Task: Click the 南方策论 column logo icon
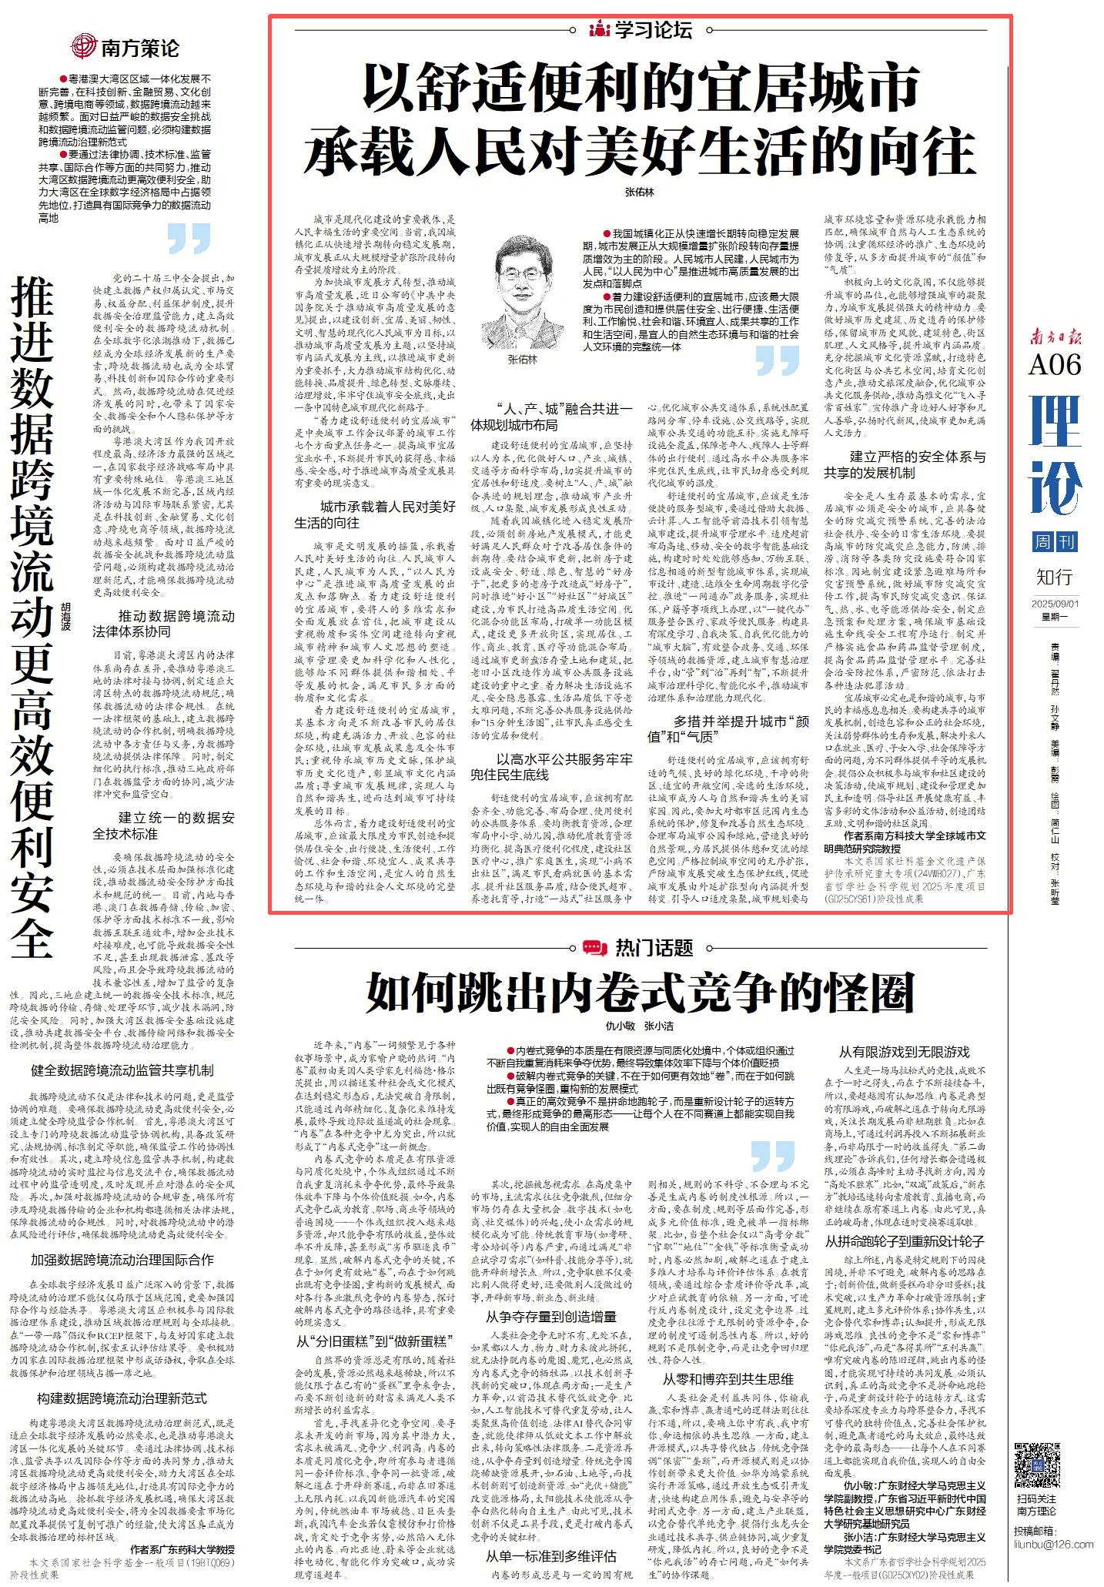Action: (83, 47)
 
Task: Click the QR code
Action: (1036, 1465)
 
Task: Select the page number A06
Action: (1055, 364)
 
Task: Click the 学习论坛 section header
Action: (641, 30)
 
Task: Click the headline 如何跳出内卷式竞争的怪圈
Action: (640, 992)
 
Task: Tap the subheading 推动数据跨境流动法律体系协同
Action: (164, 624)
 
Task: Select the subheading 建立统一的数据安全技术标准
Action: (164, 825)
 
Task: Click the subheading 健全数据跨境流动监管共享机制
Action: (122, 1070)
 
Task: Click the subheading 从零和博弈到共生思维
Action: (728, 1378)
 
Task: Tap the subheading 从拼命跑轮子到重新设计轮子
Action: (904, 1241)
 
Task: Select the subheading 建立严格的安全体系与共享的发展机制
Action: (904, 464)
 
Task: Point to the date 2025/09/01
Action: (1055, 604)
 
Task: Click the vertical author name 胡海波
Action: (65, 617)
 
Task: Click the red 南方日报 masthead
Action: (1055, 336)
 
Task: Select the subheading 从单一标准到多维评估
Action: (551, 1556)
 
